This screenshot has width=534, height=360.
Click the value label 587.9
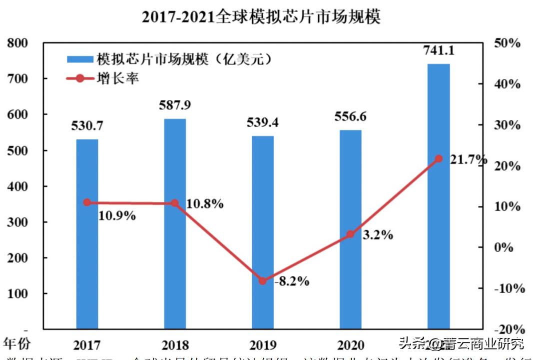[x=175, y=106]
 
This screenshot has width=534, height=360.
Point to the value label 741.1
[x=439, y=50]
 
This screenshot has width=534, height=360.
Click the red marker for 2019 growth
[x=263, y=281]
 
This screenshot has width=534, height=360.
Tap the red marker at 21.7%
[x=439, y=158]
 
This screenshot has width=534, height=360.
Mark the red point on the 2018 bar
[x=175, y=203]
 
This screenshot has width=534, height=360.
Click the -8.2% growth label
[x=292, y=281]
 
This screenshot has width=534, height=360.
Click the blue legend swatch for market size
[x=80, y=59]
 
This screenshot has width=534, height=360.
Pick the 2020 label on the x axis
[x=350, y=345]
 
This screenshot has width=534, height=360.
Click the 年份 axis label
[x=17, y=343]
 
